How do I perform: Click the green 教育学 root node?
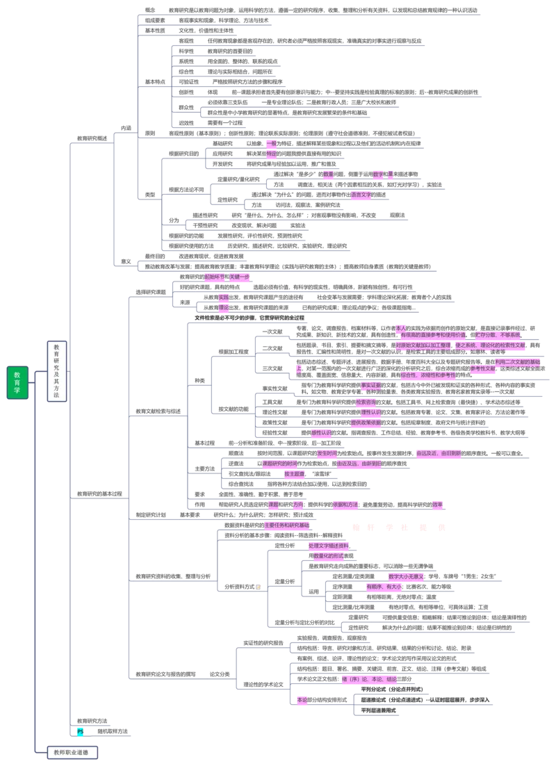17,382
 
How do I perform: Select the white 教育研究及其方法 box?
56,371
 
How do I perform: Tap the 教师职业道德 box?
72,751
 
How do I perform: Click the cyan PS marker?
80,731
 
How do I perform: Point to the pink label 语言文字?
361,195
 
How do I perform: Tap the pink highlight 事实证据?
370,384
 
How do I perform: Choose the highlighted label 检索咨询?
366,402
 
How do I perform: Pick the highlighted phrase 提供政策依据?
366,422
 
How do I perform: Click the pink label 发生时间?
327,453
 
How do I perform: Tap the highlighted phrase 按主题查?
294,474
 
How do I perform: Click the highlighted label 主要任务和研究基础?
286,525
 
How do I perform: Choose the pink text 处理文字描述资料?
329,546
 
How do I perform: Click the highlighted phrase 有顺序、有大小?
384,587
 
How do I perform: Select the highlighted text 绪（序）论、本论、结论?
368,678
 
